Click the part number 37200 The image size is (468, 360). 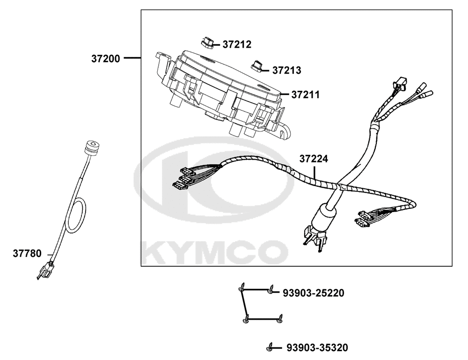(105, 59)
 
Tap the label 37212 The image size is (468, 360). (237, 44)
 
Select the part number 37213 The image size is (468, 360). (287, 70)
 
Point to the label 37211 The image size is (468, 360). (305, 95)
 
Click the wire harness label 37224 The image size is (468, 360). (314, 159)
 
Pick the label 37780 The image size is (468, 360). (27, 253)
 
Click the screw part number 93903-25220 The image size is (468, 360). (314, 293)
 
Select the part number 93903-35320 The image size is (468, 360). (317, 348)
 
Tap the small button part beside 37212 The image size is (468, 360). (206, 42)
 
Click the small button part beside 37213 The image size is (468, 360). (256, 66)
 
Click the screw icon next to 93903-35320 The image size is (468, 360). (270, 347)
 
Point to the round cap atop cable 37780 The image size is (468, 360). (91, 147)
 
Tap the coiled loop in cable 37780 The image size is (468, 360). (76, 215)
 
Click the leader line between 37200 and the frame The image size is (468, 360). (132, 58)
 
